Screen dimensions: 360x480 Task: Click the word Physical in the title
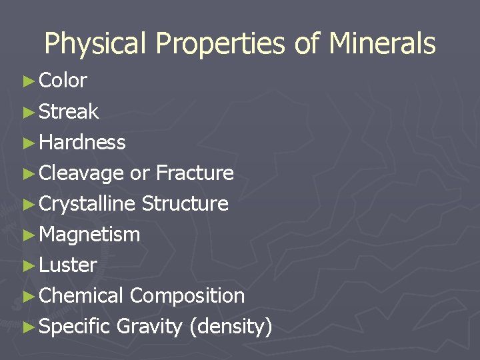point(95,45)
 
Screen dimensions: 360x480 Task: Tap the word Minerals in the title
point(382,44)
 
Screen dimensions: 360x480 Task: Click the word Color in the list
point(63,81)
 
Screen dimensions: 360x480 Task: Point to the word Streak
point(69,111)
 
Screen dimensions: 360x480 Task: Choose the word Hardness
point(82,142)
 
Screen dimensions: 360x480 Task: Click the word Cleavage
point(81,173)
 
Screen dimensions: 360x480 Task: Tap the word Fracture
point(195,173)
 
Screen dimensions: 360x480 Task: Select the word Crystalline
point(87,204)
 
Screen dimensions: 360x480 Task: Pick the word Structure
point(185,204)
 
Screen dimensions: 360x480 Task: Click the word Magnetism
point(89,235)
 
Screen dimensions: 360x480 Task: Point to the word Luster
point(68,265)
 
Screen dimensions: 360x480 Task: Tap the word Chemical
point(81,296)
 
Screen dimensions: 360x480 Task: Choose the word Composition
point(187,296)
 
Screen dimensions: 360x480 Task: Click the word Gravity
point(149,327)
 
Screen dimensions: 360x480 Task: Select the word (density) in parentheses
point(231,327)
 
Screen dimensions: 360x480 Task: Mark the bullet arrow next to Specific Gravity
point(28,327)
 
